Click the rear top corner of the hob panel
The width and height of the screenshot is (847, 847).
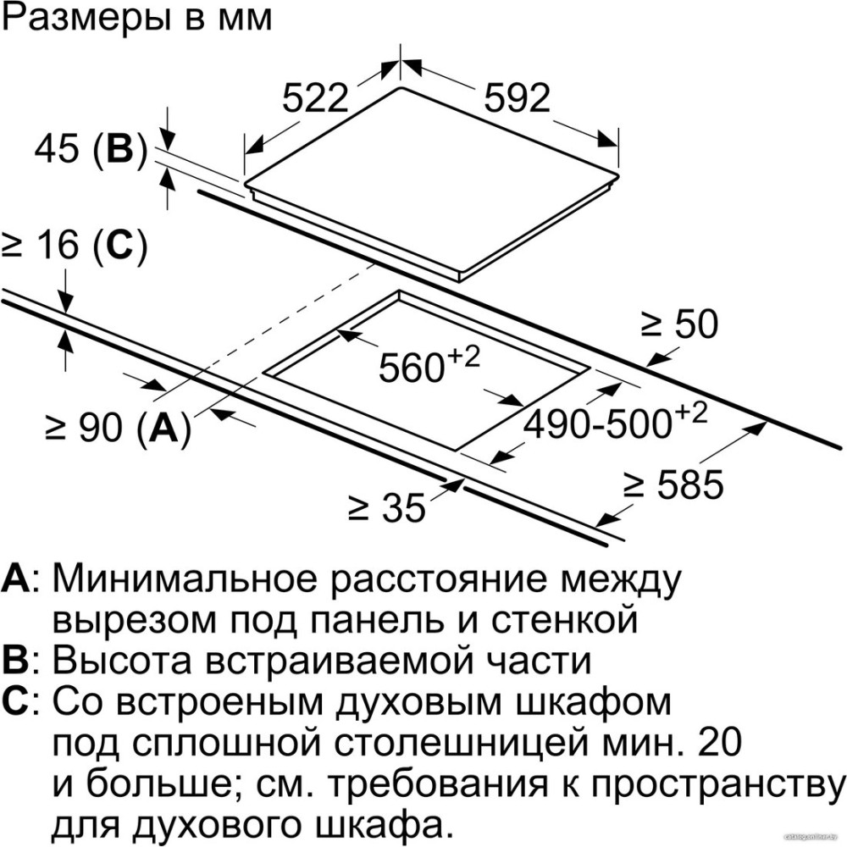click(401, 88)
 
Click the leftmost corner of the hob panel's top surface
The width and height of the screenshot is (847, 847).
click(245, 183)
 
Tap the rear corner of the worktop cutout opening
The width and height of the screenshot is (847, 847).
click(399, 291)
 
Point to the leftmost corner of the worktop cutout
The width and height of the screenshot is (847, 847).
click(263, 372)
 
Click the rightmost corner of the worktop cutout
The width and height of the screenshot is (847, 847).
click(590, 368)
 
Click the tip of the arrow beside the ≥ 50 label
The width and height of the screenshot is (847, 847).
click(646, 366)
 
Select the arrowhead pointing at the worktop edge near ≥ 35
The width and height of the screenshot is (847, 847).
click(462, 480)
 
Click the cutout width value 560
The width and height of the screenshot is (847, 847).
click(411, 368)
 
